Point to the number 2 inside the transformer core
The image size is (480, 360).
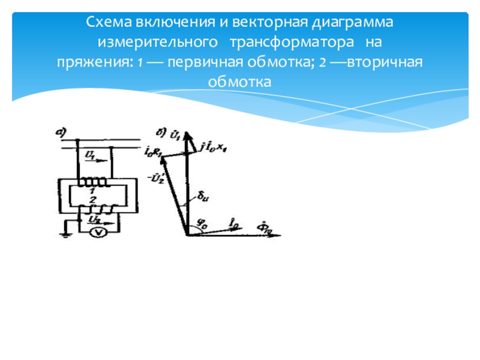[91, 199]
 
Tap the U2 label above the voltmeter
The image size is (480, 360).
[94, 220]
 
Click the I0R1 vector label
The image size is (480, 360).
[153, 150]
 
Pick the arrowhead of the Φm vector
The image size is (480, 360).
[277, 235]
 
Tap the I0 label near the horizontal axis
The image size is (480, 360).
[233, 223]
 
